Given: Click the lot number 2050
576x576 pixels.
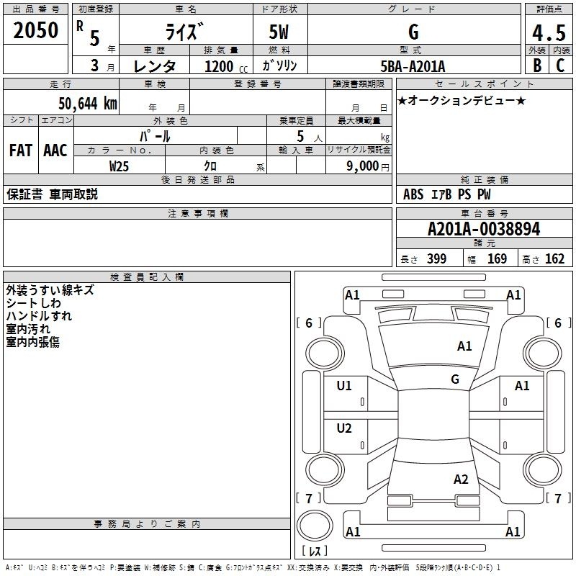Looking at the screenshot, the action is click(35, 30).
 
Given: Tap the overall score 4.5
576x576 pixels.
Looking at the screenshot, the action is click(549, 32).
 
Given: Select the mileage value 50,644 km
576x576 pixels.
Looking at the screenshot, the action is click(88, 104).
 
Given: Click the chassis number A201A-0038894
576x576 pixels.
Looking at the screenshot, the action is click(484, 229).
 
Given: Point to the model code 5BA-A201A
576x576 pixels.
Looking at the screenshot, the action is click(413, 66).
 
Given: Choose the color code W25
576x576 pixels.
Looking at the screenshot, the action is click(119, 166).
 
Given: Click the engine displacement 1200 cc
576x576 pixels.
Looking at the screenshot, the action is click(226, 66).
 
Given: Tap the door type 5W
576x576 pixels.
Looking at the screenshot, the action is click(279, 32).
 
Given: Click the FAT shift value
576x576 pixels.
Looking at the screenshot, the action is click(21, 150).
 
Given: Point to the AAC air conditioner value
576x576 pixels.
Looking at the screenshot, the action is click(55, 150).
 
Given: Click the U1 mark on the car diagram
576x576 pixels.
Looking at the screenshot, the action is click(344, 386).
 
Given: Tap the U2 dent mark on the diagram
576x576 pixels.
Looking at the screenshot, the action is click(344, 428).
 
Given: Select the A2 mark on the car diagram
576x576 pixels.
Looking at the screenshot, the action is click(461, 480).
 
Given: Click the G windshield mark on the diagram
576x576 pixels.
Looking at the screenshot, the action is click(455, 379).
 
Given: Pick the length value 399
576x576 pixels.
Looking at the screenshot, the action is click(436, 258).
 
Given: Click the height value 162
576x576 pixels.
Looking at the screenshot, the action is click(554, 258).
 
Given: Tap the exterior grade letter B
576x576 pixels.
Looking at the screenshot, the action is click(537, 66).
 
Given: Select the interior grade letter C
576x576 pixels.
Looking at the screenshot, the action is click(560, 66).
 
